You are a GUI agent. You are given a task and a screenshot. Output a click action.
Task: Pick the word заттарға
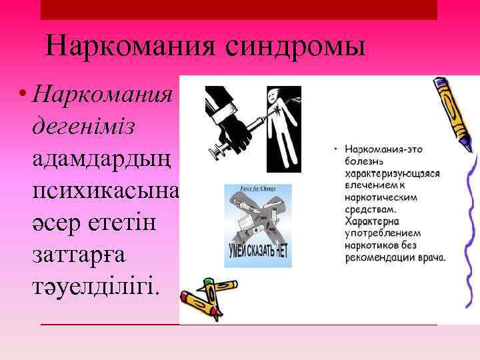click(81, 255)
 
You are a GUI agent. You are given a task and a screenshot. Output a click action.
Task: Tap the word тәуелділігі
click(95, 287)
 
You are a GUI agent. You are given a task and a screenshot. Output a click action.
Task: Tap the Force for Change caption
click(257, 189)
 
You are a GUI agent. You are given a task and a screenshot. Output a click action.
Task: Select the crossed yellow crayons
click(207, 297)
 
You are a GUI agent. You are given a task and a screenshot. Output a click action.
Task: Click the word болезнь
click(364, 162)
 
